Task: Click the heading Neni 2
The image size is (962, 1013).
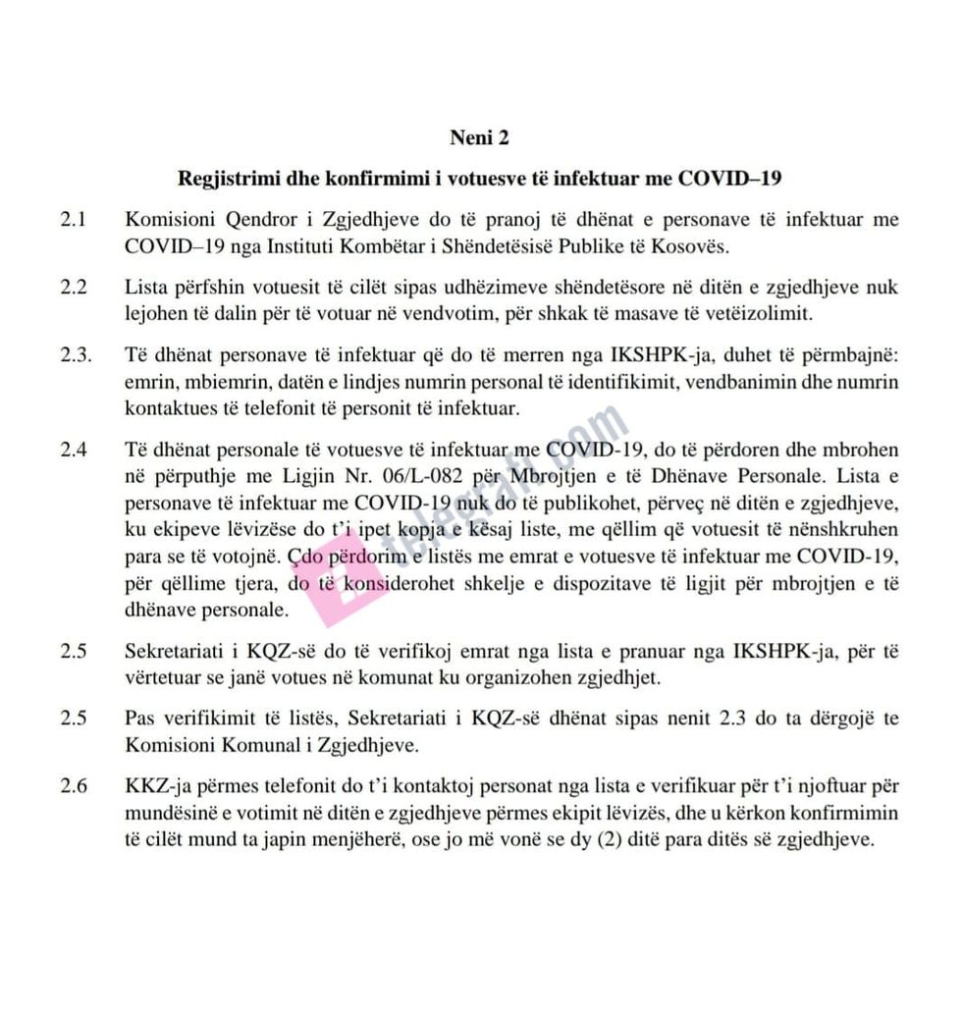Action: tap(479, 137)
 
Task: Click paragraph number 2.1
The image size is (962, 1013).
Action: tap(74, 220)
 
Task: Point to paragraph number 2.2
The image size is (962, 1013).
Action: tap(74, 288)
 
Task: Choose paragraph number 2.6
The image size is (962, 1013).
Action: tap(74, 786)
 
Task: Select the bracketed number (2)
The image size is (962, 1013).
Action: tap(614, 841)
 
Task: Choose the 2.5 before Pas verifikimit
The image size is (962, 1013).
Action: tap(74, 718)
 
